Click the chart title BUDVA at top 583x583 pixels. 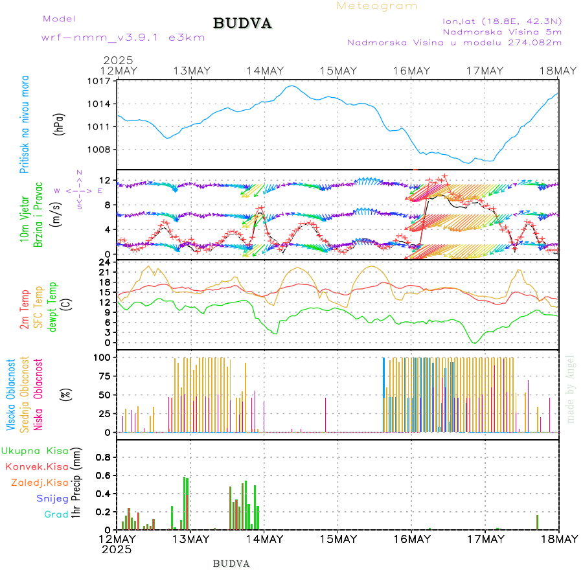click(242, 24)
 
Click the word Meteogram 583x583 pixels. click(377, 6)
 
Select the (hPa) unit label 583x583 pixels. click(59, 123)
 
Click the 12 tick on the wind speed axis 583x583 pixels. click(106, 180)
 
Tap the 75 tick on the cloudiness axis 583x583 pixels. click(104, 376)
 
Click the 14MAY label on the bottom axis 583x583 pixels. click(264, 539)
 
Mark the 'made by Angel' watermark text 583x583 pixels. click(571, 389)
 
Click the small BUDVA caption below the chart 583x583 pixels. click(231, 564)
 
